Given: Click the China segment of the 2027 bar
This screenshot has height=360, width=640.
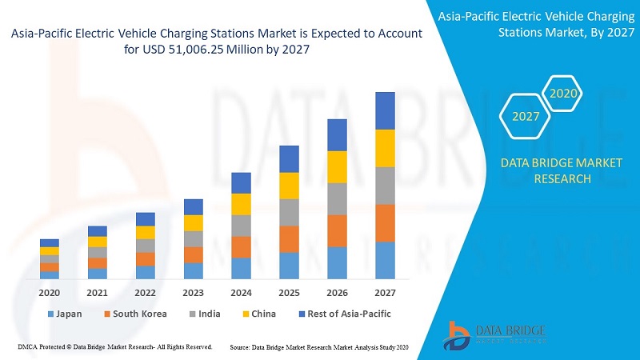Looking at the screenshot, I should pos(386,148).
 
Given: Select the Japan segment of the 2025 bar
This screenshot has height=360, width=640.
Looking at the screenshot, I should pos(289,266).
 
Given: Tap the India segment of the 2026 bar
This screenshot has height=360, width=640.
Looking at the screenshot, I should pos(337,198).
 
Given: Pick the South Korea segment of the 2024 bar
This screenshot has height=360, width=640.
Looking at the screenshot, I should pos(241,247).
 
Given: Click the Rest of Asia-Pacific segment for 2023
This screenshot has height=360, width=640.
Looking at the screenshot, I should pos(194,206).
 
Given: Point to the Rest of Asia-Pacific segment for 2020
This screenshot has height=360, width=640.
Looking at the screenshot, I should pos(50,242).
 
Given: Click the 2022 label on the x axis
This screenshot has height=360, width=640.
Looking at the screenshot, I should pos(145,293).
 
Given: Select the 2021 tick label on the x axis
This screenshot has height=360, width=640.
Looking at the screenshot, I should pos(97,293).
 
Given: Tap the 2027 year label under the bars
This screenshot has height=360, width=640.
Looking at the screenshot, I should pos(385,293).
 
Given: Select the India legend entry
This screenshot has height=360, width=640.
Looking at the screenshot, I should pos(205,314).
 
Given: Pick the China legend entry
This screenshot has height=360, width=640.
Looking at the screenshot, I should pos(258,314).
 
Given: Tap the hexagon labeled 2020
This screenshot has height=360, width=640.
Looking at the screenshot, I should pos(563,94).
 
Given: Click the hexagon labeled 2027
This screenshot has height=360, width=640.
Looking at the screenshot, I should pos(526,117).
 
